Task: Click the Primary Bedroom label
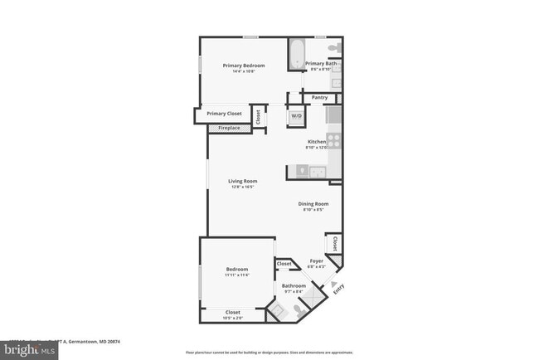coord(243,66)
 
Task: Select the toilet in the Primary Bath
coord(334,47)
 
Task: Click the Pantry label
coord(320,98)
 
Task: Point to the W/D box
coord(296,117)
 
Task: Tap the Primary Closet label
coord(224,114)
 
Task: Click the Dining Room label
coord(313,203)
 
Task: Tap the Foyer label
coord(316,260)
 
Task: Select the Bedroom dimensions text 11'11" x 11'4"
coord(237,275)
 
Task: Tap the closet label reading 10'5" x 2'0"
coord(233,318)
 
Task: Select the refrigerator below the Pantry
coord(333,114)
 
